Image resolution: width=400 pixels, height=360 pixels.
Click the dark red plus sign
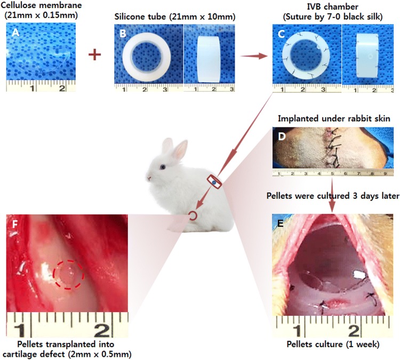95,55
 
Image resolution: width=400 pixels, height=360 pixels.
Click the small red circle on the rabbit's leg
193,215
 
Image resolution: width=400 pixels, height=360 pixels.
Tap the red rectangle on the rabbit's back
213,181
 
